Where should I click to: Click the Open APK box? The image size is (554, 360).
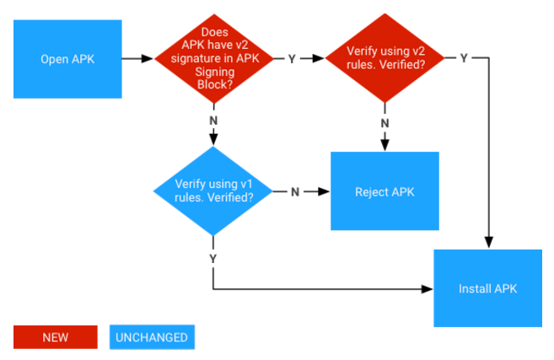coord(67,59)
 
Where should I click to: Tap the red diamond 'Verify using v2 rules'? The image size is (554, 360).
coord(385,59)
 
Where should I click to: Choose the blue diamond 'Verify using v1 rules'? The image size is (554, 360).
coord(213,191)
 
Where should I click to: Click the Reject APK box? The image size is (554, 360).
coord(385,191)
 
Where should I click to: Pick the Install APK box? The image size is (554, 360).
coord(487,288)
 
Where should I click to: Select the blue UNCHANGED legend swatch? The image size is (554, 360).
coord(152,337)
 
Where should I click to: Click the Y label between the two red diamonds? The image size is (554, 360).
coord(292,59)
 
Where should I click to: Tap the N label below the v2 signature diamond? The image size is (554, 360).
coord(213,120)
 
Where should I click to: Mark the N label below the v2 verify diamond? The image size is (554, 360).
coord(385,123)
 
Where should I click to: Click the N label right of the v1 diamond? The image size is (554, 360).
coord(295,191)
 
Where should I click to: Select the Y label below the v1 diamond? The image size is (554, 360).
coord(213,257)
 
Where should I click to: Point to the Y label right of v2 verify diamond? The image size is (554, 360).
coord(464,58)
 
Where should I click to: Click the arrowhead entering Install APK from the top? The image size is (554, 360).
coord(487,244)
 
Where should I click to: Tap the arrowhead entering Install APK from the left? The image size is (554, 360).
coord(428,288)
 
